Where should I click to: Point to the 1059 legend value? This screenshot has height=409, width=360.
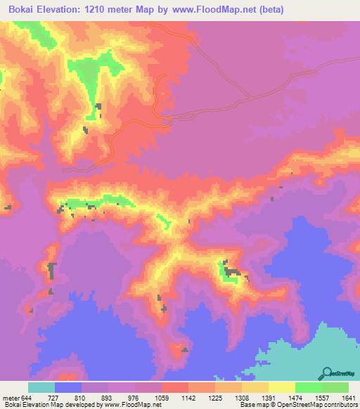[x=162, y=398]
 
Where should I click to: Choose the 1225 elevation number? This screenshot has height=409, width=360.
[x=214, y=398]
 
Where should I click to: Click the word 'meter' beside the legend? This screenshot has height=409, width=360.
[x=11, y=398]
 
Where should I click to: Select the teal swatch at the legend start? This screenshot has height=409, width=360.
[x=41, y=387]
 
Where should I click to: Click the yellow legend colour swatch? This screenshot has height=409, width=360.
[x=281, y=387]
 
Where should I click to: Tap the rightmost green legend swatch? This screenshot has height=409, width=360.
[x=335, y=387]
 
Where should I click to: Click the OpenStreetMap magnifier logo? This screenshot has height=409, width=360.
[x=326, y=372]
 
